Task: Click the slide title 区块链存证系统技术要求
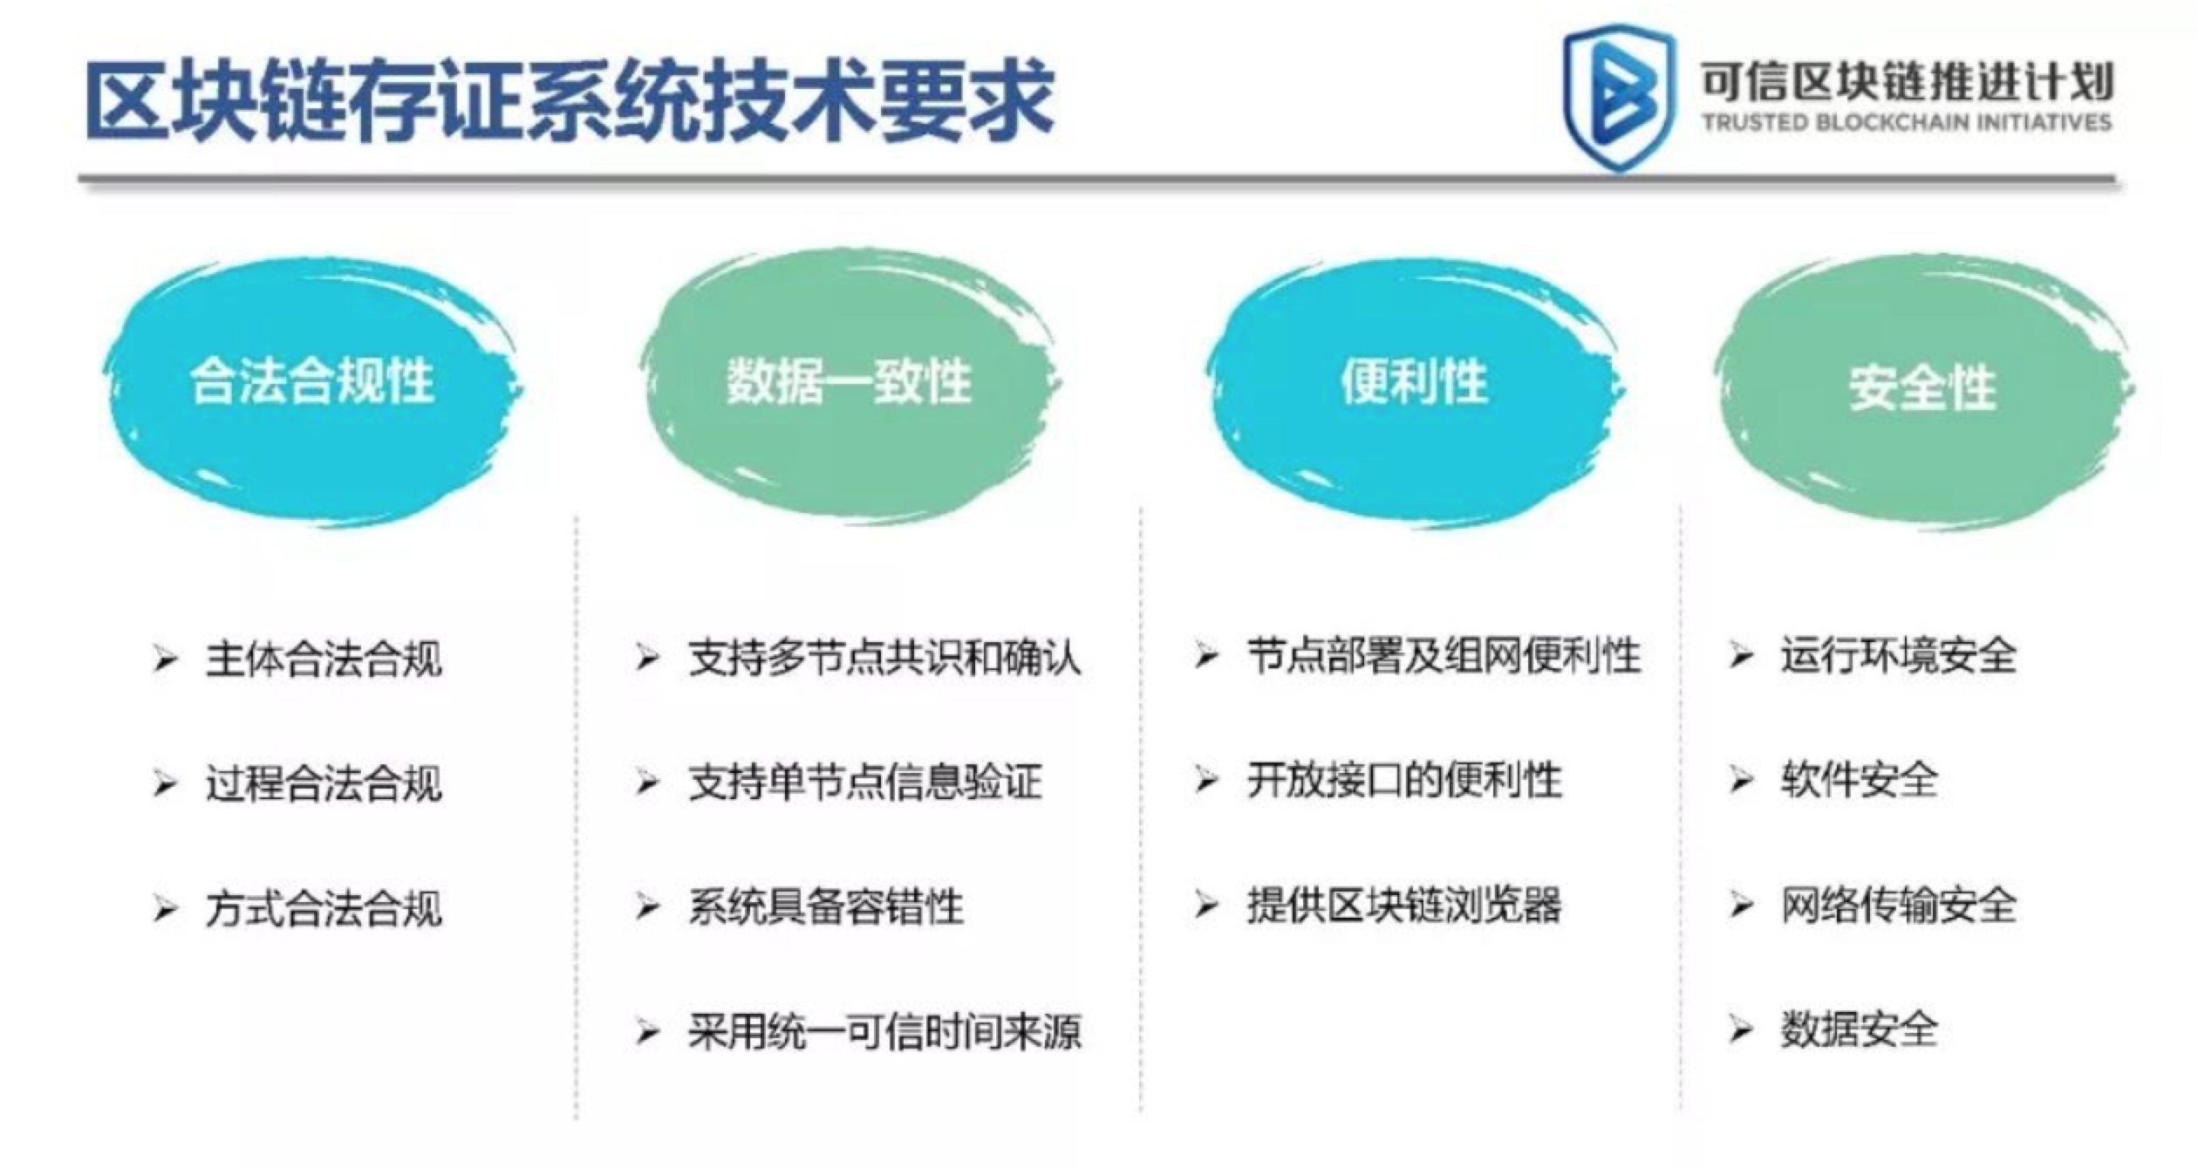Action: click(x=570, y=99)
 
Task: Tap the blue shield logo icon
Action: click(x=1619, y=96)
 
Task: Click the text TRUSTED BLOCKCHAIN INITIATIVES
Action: click(x=1907, y=121)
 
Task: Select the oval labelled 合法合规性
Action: click(x=312, y=388)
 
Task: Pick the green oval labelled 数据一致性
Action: click(x=850, y=384)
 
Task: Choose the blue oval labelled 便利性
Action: click(x=1415, y=388)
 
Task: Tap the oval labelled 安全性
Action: click(x=1922, y=388)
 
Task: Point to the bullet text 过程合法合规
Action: click(x=324, y=783)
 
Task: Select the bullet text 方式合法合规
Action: click(x=324, y=908)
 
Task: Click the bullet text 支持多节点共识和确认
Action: click(x=884, y=657)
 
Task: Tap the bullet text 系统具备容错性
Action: click(x=826, y=906)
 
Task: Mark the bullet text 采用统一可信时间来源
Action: click(x=884, y=1032)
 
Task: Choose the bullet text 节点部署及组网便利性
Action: click(x=1444, y=655)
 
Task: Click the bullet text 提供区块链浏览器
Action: click(x=1403, y=905)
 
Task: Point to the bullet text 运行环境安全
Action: click(x=1899, y=655)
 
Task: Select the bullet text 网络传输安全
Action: click(x=1899, y=905)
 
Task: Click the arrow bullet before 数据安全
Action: click(x=1741, y=1030)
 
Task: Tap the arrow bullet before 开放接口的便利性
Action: click(x=1205, y=780)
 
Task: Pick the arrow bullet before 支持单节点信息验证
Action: click(x=647, y=782)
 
